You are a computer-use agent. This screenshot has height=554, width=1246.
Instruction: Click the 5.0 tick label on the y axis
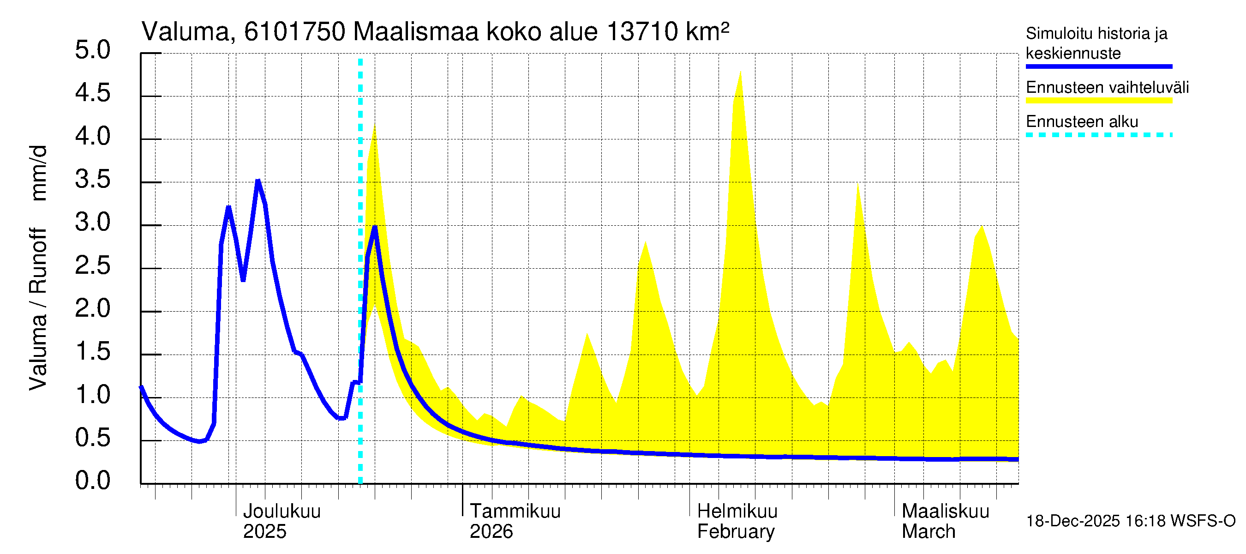coord(92,51)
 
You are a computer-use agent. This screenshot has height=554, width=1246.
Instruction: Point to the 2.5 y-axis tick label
coord(92,266)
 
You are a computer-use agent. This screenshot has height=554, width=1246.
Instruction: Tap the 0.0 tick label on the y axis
coord(92,482)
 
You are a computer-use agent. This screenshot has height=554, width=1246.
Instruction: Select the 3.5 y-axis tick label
coord(92,181)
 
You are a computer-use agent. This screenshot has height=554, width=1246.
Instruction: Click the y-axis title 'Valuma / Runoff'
coord(38,310)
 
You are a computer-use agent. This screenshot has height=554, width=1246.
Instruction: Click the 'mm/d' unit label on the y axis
coord(38,173)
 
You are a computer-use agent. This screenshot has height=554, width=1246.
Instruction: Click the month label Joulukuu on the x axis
coord(282,512)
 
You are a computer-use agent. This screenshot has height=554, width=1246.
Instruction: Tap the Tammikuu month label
coord(515,512)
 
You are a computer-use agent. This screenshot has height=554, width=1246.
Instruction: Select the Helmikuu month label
coord(737,512)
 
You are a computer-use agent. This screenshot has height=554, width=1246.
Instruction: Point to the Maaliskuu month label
coord(945,512)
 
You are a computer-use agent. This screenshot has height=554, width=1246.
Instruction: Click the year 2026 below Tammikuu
coord(491,532)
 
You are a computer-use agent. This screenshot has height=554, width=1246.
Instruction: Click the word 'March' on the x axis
coord(928,532)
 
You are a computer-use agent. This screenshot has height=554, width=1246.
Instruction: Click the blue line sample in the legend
coord(1098,66)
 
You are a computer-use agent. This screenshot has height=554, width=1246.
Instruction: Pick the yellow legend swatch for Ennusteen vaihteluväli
coord(1098,101)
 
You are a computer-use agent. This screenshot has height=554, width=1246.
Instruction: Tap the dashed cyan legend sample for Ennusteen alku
coord(1098,135)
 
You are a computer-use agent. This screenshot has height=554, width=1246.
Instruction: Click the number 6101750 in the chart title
coord(294,32)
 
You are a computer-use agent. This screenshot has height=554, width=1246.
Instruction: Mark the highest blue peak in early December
coord(258,181)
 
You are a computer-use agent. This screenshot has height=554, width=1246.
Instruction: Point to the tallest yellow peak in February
coord(740,72)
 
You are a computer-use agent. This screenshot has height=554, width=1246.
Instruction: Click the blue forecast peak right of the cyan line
coord(375,228)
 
